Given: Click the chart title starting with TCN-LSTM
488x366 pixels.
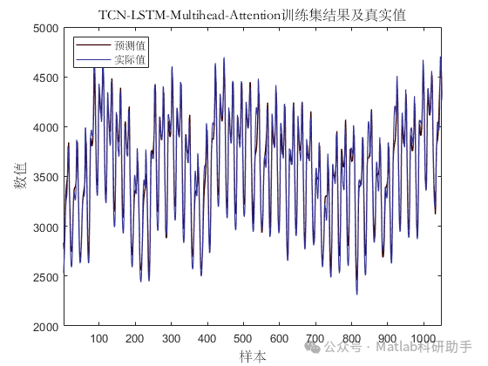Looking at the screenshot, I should [253, 16].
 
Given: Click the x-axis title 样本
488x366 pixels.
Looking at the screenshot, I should [253, 356].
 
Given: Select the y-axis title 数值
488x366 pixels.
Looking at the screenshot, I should [21, 178].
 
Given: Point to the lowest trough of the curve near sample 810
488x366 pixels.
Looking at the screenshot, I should [356, 294].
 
